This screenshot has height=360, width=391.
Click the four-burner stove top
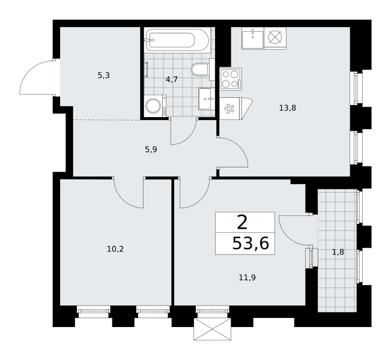[231, 79]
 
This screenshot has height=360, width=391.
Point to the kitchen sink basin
[253, 38]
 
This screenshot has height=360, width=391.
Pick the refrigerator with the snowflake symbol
[235, 109]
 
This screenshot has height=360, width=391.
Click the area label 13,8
[288, 108]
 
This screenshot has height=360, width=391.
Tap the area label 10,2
[115, 249]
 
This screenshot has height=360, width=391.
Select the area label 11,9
[247, 278]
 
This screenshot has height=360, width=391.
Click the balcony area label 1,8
[338, 253]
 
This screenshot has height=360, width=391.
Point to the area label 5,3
[104, 75]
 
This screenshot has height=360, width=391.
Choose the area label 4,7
[172, 79]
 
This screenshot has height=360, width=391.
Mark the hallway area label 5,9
[151, 150]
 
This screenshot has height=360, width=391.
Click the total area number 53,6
[250, 244]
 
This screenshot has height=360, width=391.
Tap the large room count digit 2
[242, 223]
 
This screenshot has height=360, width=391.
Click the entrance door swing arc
[30, 69]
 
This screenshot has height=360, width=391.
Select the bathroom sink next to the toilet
[207, 98]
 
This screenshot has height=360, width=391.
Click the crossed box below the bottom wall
[213, 329]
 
